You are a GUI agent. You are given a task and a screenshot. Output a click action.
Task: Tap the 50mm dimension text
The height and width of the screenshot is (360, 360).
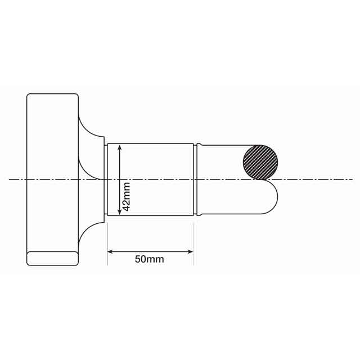click(x=149, y=259)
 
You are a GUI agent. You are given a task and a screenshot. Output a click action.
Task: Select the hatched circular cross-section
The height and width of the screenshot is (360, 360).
click(x=260, y=162)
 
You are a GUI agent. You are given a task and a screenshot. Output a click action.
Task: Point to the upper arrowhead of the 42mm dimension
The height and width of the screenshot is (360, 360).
click(x=119, y=147)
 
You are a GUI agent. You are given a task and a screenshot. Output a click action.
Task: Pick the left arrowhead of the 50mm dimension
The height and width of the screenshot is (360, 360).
click(x=110, y=251)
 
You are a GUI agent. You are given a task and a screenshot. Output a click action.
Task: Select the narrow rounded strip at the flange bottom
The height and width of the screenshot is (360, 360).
click(x=52, y=258)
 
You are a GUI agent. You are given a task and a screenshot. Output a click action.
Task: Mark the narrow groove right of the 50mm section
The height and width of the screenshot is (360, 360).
click(x=196, y=179)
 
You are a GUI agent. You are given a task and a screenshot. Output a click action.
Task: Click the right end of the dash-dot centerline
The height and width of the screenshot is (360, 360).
click(x=352, y=179)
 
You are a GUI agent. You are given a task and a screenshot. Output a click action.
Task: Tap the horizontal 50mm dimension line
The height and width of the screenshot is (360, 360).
click(x=150, y=251)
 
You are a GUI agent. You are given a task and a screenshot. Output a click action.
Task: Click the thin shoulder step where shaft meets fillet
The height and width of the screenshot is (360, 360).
click(x=105, y=179)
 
